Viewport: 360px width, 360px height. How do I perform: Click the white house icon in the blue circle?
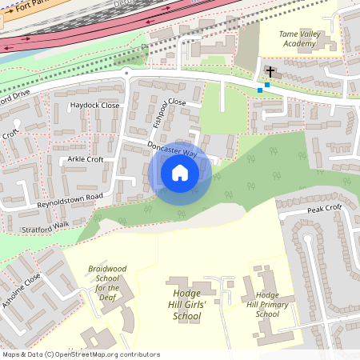pyautogui.click(x=180, y=172)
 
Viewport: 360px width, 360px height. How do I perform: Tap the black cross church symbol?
pyautogui.click(x=270, y=73)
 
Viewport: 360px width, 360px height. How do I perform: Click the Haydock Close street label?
pyautogui.click(x=94, y=106)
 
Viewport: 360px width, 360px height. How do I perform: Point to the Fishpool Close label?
pyautogui.click(x=169, y=114)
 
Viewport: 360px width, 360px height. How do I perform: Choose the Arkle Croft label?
pyautogui.click(x=86, y=159)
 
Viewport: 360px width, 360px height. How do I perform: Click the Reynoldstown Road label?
pyautogui.click(x=70, y=200)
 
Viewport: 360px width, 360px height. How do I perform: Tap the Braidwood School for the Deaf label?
pyautogui.click(x=108, y=282)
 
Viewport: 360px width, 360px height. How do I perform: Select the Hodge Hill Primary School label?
pyautogui.click(x=268, y=305)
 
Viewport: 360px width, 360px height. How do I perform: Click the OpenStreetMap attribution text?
pyautogui.click(x=80, y=354)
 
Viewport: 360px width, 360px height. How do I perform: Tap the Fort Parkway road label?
pyautogui.click(x=24, y=11)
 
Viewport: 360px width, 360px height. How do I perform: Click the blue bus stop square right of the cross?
pyautogui.click(x=278, y=85)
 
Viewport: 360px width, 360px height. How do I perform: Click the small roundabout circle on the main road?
pyautogui.click(x=126, y=73)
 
